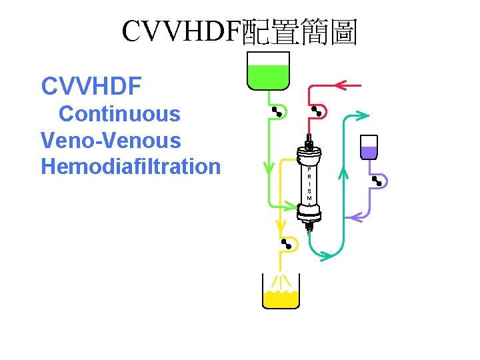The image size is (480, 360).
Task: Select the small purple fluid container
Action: (369, 147)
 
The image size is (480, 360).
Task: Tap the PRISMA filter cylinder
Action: (309, 184)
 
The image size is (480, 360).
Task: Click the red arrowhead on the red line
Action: (342, 85)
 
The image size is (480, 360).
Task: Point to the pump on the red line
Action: (315, 111)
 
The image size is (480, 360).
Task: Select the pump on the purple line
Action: (378, 180)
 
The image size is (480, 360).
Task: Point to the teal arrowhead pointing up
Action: (344, 175)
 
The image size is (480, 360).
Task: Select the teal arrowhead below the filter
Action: (326, 254)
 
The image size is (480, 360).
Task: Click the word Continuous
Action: (119, 114)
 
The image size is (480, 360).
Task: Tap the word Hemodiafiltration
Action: (131, 166)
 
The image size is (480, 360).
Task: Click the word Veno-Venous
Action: (111, 141)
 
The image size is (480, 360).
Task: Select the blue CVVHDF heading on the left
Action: (91, 86)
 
